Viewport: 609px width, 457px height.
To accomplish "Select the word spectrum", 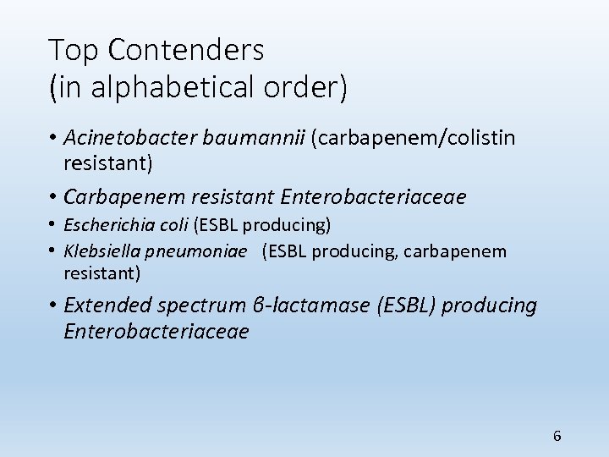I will click(x=199, y=305).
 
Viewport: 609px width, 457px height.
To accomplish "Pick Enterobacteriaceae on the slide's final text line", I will click(x=156, y=331).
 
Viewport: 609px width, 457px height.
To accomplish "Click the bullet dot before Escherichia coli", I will click(x=53, y=226).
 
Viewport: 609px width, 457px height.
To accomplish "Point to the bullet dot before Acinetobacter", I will click(x=53, y=138).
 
